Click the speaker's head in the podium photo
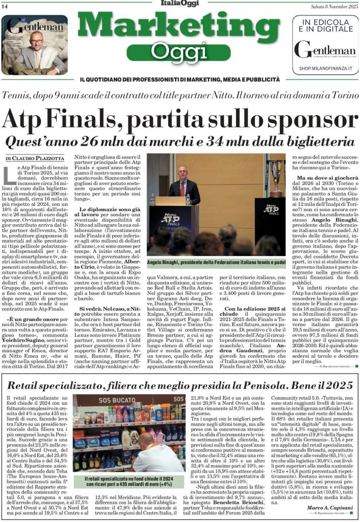point(183,172)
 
